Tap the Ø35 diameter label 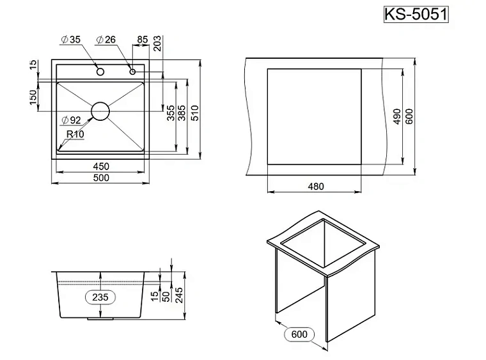70,40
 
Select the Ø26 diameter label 106,40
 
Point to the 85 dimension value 142,40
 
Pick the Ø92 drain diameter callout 71,120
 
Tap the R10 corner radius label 75,134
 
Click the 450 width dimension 101,166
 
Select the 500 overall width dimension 101,178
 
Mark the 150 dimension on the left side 33,98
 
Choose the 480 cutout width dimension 316,187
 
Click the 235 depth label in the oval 100,297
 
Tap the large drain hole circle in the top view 100,111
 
